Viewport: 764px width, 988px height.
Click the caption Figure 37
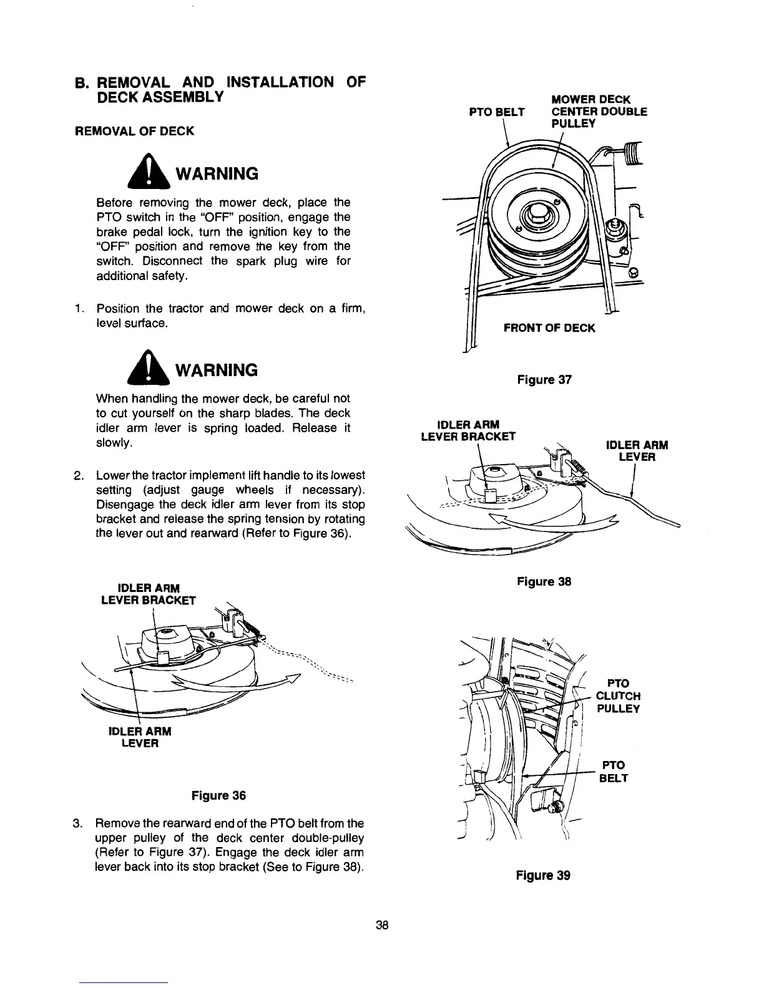click(x=544, y=380)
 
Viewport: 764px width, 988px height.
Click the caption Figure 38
click(x=544, y=581)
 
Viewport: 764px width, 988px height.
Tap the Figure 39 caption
click(x=543, y=875)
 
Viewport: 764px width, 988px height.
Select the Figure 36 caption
click(x=218, y=795)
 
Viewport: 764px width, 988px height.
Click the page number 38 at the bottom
click(x=383, y=925)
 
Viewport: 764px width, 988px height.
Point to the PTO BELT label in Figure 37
click(x=497, y=112)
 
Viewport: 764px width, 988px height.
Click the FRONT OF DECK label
click(x=549, y=327)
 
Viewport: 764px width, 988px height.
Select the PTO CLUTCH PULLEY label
click(x=617, y=696)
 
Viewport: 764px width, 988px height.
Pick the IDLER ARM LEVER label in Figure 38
click(x=637, y=451)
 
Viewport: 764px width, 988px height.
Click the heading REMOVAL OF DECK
click(x=134, y=130)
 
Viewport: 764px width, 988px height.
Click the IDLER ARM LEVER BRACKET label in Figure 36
click(x=149, y=594)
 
